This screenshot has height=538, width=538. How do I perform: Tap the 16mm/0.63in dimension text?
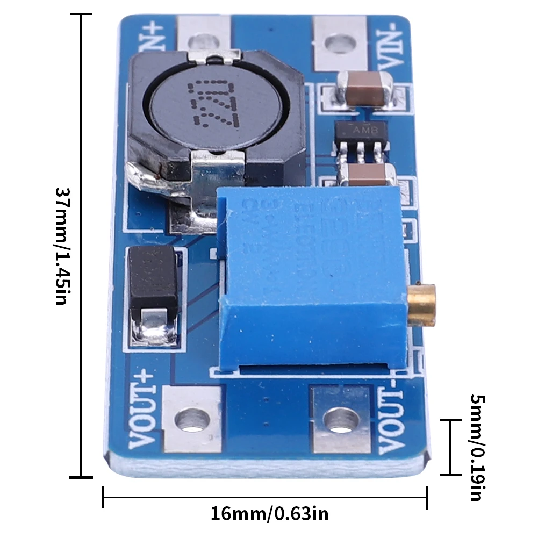click(269, 514)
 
